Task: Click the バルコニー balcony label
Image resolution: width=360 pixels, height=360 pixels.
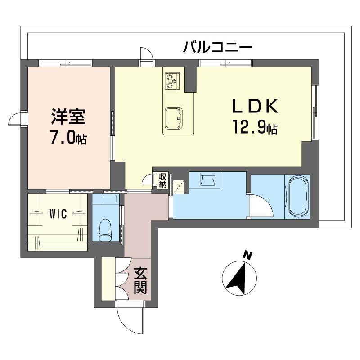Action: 217,47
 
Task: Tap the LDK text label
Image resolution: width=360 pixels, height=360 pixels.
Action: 255,106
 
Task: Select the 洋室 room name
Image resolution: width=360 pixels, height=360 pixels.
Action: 68,117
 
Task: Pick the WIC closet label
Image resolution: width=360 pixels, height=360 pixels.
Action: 58,214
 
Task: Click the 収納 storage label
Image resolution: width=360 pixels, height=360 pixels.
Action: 163,181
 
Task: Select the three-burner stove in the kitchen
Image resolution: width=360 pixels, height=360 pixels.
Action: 173,81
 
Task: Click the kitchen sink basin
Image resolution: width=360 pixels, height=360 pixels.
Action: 174,118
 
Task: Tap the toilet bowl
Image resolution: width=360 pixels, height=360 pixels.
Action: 106,230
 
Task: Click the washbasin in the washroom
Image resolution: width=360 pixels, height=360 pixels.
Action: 208,179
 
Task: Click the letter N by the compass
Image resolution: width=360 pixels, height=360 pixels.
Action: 248,256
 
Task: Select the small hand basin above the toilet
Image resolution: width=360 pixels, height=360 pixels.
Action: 109,198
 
